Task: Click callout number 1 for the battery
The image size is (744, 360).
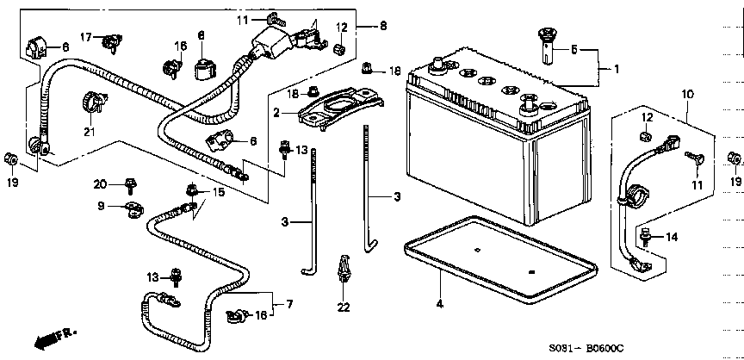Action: pos(617,69)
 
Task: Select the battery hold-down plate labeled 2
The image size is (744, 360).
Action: pos(340,108)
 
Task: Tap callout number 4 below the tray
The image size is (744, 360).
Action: pos(440,304)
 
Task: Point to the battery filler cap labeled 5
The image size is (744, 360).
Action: pos(549,46)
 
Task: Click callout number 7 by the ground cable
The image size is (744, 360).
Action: pos(289,304)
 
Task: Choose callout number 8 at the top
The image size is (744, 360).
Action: pos(382,26)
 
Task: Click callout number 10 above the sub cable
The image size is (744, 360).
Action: pos(687,95)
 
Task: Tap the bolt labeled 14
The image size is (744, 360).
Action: pos(645,237)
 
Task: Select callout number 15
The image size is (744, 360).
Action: pos(219,192)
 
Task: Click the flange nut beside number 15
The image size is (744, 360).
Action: pos(192,190)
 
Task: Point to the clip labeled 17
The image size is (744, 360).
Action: pos(112,41)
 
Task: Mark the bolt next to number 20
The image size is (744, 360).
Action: pos(129,186)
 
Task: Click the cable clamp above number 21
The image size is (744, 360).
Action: pos(95,102)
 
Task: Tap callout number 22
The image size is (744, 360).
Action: pos(344,307)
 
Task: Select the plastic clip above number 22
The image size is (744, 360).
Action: pos(343,270)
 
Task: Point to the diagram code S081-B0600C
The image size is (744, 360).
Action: pos(586,349)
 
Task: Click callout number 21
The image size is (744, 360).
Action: pos(90,132)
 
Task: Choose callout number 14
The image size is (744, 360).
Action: pos(672,237)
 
